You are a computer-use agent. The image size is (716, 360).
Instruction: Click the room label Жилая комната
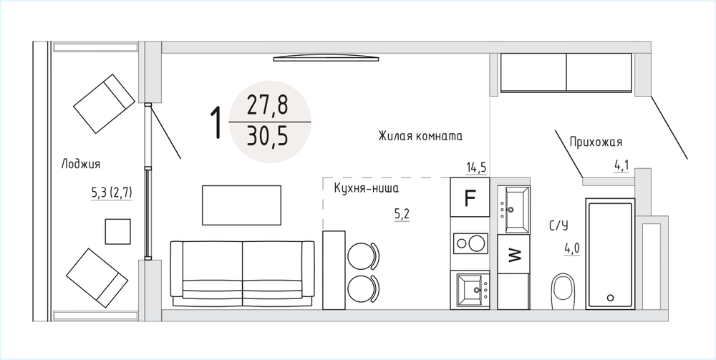click(x=420, y=136)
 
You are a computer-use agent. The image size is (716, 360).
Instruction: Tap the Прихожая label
click(x=596, y=142)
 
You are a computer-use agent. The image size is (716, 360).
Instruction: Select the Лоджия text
click(x=81, y=165)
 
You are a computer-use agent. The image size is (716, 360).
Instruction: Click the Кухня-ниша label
click(x=367, y=188)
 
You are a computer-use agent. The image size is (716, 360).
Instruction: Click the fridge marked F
click(x=470, y=197)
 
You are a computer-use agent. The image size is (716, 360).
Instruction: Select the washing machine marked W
click(x=513, y=253)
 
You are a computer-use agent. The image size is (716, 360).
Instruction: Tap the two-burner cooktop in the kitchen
click(x=470, y=243)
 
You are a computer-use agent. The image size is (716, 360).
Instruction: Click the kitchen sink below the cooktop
click(x=473, y=289)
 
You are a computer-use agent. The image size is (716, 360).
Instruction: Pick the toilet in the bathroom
click(x=563, y=291)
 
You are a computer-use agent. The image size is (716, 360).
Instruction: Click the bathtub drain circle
click(x=611, y=298)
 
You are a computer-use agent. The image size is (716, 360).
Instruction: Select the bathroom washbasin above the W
click(x=513, y=210)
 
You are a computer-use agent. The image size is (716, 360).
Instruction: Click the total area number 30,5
click(x=268, y=136)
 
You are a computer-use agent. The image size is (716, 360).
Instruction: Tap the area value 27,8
click(x=268, y=106)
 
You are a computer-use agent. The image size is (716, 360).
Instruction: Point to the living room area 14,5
click(x=476, y=168)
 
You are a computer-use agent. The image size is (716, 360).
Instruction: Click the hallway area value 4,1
click(x=621, y=165)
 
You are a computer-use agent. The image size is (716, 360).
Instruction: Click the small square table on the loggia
click(x=118, y=231)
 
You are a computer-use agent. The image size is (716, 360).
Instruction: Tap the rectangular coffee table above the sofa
click(x=241, y=205)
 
